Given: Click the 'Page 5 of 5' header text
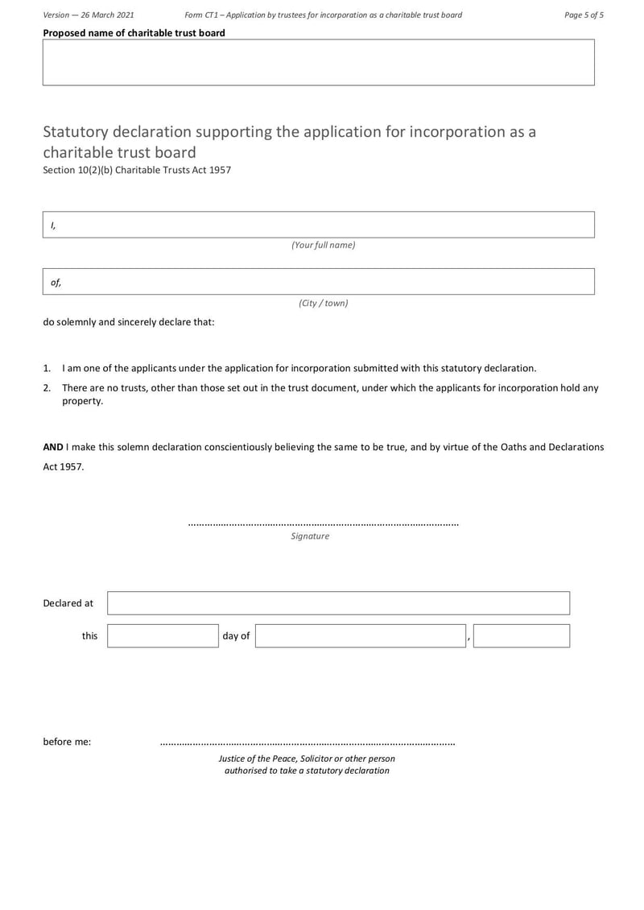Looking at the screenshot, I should [584, 14].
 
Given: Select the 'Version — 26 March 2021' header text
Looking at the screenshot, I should [89, 14].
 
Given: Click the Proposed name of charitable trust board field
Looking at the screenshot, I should [318, 62].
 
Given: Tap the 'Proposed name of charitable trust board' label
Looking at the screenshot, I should [134, 33].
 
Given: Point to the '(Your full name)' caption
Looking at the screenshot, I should [323, 245].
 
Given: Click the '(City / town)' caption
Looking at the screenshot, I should [323, 303].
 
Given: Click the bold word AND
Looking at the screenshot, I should [53, 446].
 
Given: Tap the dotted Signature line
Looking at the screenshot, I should [323, 524].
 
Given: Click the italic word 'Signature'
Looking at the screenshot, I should [310, 536].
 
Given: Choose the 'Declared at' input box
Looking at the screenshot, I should [338, 603].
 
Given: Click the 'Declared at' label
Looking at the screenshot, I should [68, 603].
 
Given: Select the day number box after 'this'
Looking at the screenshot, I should [163, 635].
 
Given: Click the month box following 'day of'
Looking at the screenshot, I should [361, 635].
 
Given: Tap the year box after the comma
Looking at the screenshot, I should [521, 635].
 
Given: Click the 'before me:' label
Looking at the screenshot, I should [67, 742].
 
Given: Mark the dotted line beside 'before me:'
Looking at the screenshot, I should [307, 743].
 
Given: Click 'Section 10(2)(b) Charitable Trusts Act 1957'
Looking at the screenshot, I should [137, 170].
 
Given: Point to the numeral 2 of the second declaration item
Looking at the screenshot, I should [47, 387].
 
